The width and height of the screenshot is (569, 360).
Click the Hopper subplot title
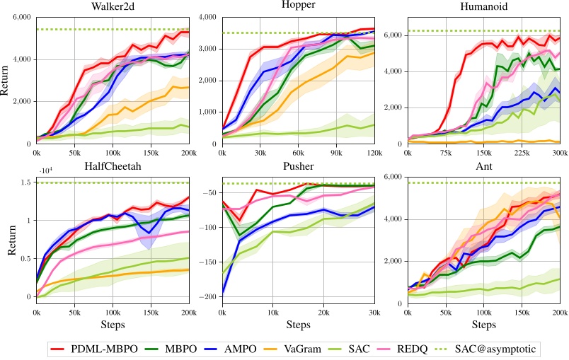tap(297, 6)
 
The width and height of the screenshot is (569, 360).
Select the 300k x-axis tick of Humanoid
tap(559, 152)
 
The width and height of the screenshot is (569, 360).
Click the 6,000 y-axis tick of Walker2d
tap(21, 18)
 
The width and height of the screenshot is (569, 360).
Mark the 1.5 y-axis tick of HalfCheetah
tap(27, 182)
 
